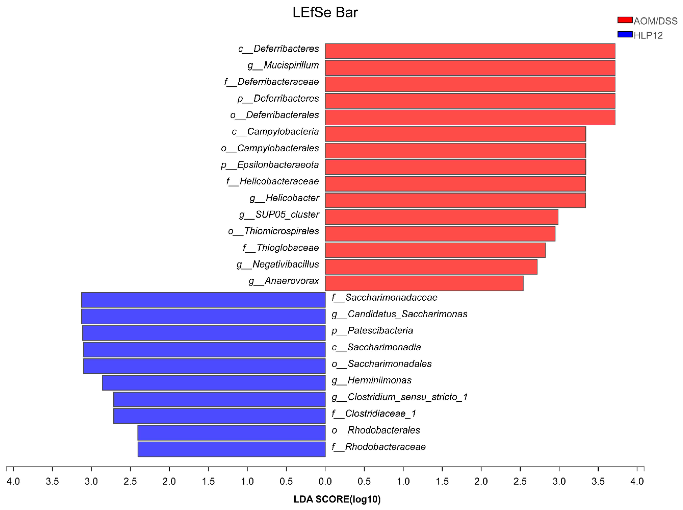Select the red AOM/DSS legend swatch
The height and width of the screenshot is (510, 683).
coord(625,20)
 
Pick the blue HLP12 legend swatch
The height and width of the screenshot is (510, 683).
coord(625,34)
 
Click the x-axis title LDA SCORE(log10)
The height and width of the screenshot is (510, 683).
coord(337,499)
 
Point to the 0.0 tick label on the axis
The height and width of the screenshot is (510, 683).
coord(325,481)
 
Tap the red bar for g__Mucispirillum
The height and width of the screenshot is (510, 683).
coord(470,68)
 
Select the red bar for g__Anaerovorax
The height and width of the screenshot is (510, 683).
coord(424,283)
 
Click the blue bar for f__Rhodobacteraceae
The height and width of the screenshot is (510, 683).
coord(232,449)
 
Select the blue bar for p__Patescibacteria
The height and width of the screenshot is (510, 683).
coord(204,333)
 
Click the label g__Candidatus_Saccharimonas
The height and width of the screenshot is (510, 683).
coord(399,314)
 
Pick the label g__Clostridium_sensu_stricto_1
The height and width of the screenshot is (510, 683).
coord(399,397)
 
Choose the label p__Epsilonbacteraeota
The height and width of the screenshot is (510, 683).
coord(270,165)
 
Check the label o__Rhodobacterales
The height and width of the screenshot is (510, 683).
coord(376,430)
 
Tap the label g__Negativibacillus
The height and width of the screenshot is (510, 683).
coord(278,264)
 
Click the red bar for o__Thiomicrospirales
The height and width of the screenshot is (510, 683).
coord(440,233)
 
